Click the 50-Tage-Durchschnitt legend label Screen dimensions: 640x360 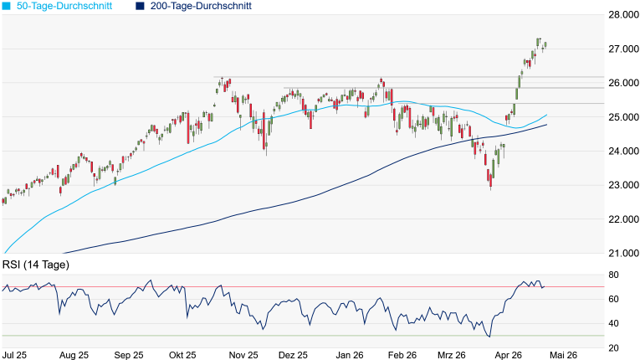[64, 6]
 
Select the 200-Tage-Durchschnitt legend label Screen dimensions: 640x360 [201, 6]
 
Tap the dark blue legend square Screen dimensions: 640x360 [140, 6]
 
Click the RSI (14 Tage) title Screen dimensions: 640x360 [36, 265]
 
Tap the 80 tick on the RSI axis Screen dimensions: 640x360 [613, 275]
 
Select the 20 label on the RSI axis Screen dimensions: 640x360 [613, 348]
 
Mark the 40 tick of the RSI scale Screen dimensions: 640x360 [613, 324]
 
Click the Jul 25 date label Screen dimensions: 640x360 [14, 355]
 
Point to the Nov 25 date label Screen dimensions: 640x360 [243, 355]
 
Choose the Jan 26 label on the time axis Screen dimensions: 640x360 [350, 355]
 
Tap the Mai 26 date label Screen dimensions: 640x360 [563, 355]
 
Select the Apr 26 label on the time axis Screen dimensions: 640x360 [508, 355]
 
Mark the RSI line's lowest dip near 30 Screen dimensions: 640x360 [489, 337]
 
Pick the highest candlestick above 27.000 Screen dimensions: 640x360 [539, 42]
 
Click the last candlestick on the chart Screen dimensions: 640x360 [545, 44]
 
